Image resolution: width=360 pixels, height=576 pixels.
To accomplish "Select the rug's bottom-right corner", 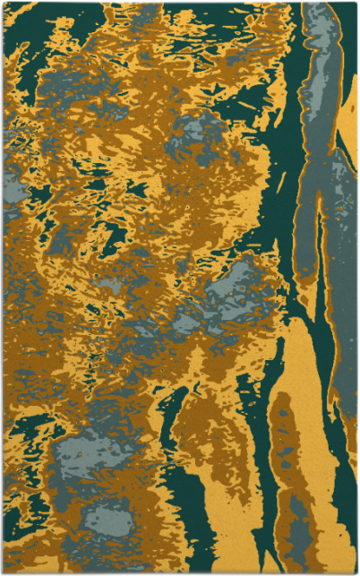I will tap(356, 572).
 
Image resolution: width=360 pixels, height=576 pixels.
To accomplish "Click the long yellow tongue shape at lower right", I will tap(296, 403).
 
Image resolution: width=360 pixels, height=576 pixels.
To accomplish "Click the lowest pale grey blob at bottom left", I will tap(107, 520).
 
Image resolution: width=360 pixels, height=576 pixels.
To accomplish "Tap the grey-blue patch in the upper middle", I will tap(193, 134).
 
